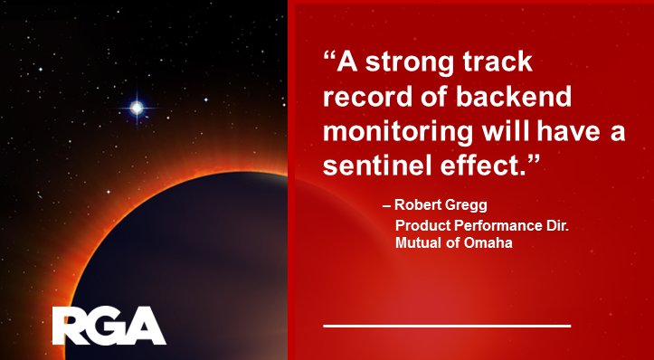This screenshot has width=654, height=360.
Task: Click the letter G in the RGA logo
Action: (109, 326)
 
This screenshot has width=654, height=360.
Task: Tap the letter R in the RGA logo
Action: (71, 326)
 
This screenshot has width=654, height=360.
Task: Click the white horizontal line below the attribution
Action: (447, 324)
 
